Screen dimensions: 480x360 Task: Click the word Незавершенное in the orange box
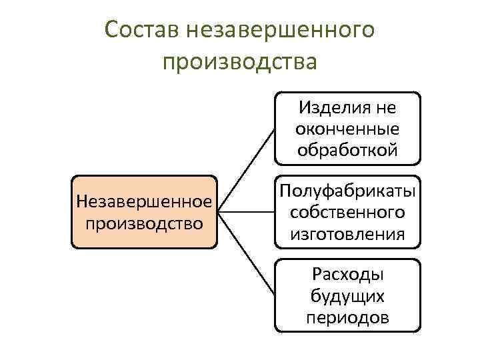(144, 201)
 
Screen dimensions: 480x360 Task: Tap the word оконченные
(347, 128)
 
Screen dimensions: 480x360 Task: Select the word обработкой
(347, 149)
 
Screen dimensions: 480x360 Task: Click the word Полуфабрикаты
(347, 191)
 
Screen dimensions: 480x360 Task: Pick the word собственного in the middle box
(347, 212)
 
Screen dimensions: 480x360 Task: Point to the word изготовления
(347, 233)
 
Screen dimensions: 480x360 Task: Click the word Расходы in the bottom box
(347, 275)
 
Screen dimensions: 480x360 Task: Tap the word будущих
(347, 296)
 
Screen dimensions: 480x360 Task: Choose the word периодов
(347, 317)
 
